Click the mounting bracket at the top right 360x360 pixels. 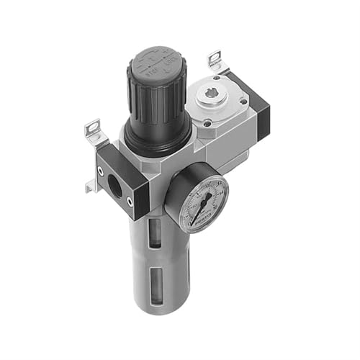pos(215,61)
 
